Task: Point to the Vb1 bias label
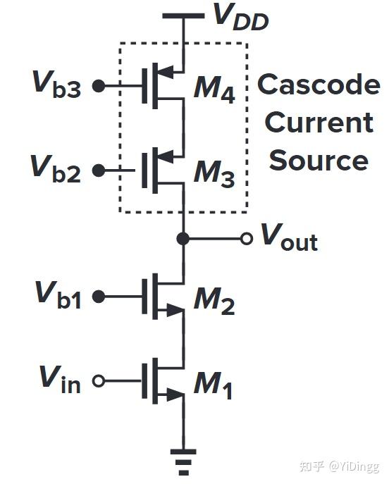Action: [x=58, y=296]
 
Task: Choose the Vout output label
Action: [x=289, y=238]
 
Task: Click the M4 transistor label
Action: [x=216, y=89]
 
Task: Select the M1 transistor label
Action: [x=214, y=385]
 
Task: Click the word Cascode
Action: [x=319, y=85]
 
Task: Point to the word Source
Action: [x=319, y=160]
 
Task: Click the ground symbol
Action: [x=183, y=459]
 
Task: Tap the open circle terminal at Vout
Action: [x=246, y=239]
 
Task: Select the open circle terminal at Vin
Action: [x=99, y=381]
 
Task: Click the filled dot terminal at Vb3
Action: [x=99, y=86]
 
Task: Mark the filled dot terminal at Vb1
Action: [x=99, y=297]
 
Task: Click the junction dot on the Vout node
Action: [x=183, y=239]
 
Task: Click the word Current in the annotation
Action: [x=319, y=123]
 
